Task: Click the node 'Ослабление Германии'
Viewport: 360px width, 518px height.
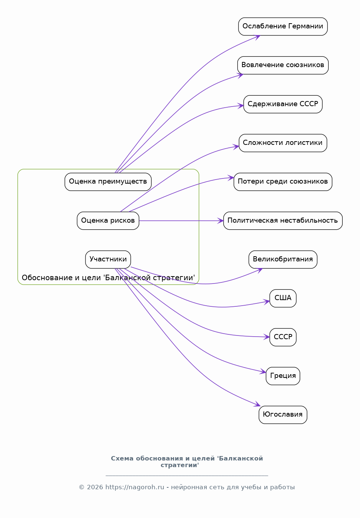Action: tap(283, 27)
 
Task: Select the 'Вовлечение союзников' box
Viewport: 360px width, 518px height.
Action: tap(283, 65)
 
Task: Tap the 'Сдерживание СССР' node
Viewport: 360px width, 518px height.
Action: tap(283, 104)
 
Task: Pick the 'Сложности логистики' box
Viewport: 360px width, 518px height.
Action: tap(283, 143)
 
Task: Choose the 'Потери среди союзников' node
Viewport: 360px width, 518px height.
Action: tap(283, 182)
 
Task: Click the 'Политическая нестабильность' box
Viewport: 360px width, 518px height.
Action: tap(283, 220)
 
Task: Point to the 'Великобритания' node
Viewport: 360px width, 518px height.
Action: tap(283, 260)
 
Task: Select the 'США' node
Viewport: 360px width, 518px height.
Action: tap(283, 298)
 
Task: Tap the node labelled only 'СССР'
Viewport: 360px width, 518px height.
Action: tap(283, 337)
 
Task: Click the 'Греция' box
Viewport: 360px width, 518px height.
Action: tap(283, 376)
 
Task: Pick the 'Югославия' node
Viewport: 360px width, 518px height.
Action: tap(283, 415)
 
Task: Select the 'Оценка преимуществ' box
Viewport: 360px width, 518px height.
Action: tap(108, 182)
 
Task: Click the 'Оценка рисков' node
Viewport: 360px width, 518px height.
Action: tap(108, 220)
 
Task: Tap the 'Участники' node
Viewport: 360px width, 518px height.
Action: tap(108, 260)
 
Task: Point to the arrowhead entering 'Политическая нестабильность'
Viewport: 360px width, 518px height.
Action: tap(220, 221)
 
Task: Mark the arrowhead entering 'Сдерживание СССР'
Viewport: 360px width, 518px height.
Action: tap(241, 106)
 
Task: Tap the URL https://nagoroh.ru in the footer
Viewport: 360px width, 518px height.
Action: tap(135, 487)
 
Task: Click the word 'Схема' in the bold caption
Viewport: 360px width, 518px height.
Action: tap(122, 459)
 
